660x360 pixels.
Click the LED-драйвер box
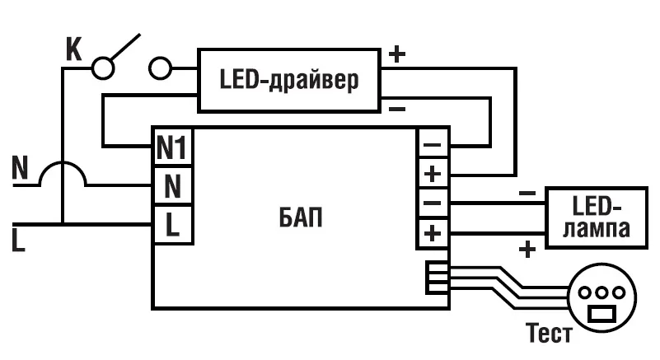coord(289,80)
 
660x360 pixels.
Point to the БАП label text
coord(295,220)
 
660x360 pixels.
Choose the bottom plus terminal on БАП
coord(433,234)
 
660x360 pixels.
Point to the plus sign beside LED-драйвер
coord(396,55)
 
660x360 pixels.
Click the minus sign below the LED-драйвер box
coord(396,108)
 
